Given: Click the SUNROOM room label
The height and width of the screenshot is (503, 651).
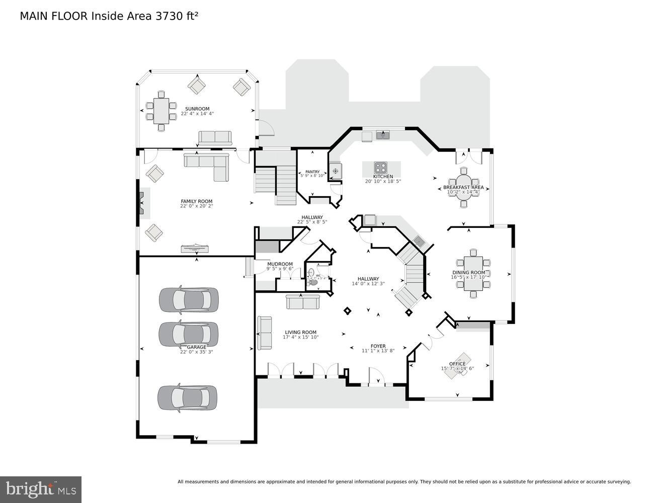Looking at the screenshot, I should (x=197, y=109).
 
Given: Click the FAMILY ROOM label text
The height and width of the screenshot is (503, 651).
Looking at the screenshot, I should (x=196, y=201).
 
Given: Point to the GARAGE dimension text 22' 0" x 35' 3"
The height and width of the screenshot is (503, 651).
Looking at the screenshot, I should (x=197, y=352).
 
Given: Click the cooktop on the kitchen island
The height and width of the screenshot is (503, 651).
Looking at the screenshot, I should (x=381, y=167).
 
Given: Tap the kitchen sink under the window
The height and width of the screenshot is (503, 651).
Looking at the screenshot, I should (x=383, y=135).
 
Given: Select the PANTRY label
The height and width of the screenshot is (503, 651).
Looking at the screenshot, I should (x=312, y=172).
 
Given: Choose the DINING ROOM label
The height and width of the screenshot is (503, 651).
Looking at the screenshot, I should (x=468, y=273).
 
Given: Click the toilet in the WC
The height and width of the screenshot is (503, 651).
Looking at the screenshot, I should (x=313, y=282).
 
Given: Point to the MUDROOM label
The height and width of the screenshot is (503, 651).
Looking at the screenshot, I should (x=280, y=264).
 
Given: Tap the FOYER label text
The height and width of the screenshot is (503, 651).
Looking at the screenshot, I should (x=378, y=346).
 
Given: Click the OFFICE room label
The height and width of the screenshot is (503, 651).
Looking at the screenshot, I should (x=457, y=364).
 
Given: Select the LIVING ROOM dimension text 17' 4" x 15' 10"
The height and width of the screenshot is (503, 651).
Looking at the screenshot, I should (x=300, y=338).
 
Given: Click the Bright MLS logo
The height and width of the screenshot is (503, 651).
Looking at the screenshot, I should (x=41, y=489).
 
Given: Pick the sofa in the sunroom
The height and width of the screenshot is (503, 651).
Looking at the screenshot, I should (x=215, y=137).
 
